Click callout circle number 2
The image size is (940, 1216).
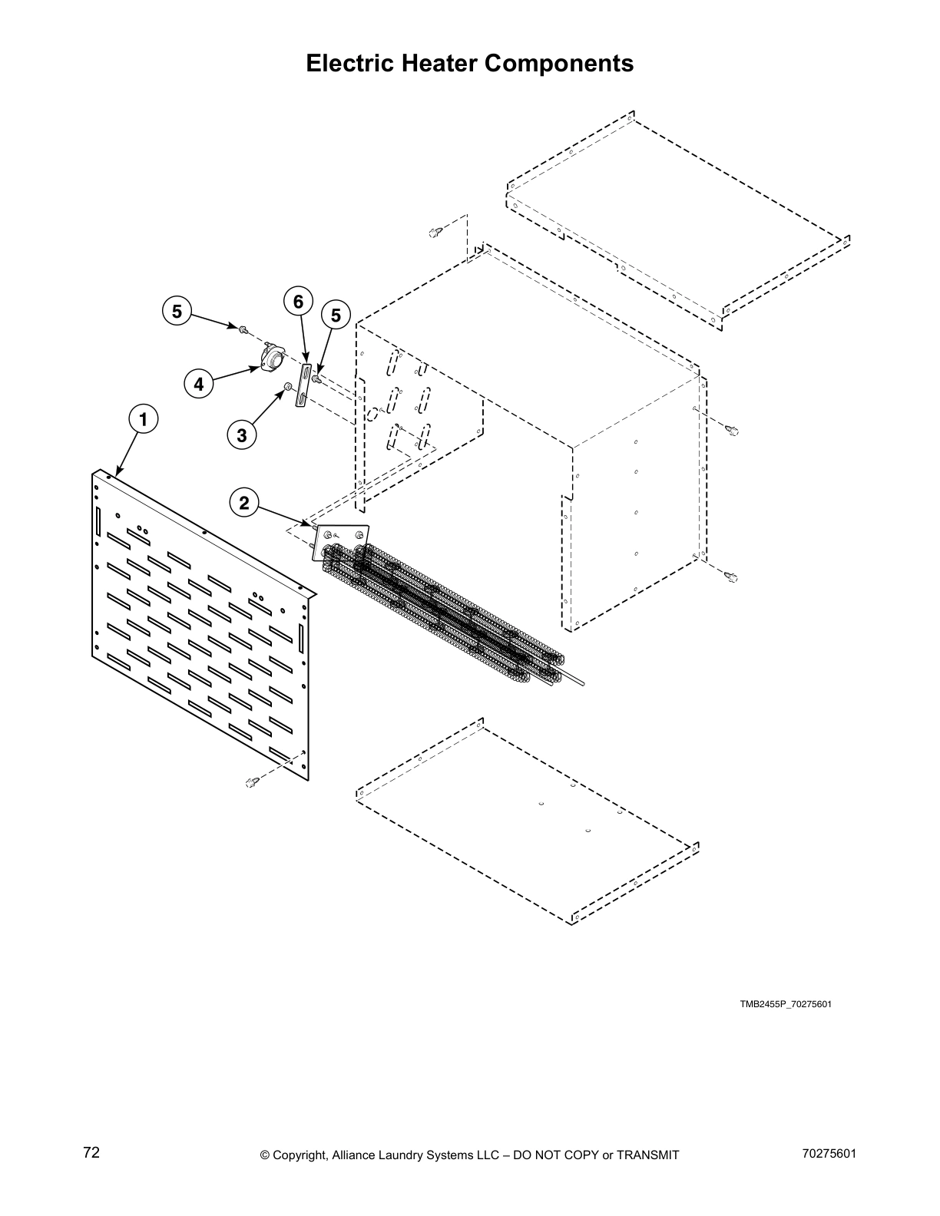pyautogui.click(x=244, y=504)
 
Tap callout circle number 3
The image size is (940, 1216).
pyautogui.click(x=242, y=435)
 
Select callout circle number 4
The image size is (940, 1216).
pyautogui.click(x=199, y=383)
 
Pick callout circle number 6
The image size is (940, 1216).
pyautogui.click(x=298, y=301)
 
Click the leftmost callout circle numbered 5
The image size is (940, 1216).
pyautogui.click(x=177, y=312)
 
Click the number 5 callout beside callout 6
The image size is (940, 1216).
pyautogui.click(x=336, y=315)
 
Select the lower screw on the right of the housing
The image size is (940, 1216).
pyautogui.click(x=731, y=576)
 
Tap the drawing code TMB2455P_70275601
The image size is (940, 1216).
pyautogui.click(x=786, y=1004)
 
